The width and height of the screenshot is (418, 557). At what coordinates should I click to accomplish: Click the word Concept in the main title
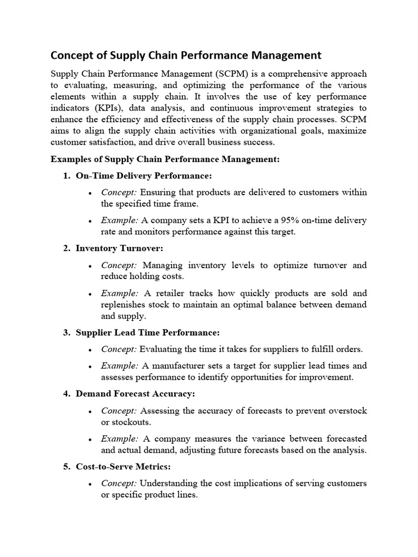(72, 55)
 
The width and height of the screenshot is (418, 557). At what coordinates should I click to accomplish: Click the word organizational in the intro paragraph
(269, 131)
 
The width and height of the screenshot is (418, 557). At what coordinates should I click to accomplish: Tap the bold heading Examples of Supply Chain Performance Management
(165, 159)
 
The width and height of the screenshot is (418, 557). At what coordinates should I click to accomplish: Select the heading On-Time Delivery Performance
(144, 176)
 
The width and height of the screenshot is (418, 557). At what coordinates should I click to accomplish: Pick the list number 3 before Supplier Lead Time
(66, 332)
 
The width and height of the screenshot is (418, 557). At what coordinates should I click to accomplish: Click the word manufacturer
(181, 366)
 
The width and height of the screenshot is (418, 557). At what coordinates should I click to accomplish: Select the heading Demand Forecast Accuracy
(135, 393)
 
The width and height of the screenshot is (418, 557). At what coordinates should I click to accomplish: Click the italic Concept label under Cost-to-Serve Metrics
(119, 484)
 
